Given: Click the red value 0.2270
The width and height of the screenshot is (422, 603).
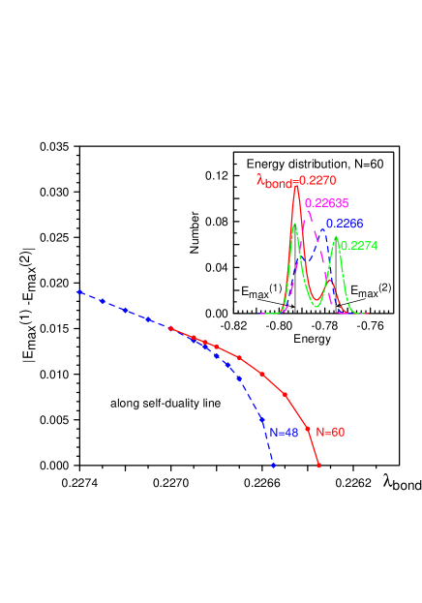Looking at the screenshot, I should (x=318, y=180).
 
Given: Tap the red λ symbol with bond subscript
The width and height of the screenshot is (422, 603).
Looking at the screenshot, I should (x=276, y=181).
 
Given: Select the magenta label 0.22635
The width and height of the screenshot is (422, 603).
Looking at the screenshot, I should (x=327, y=203).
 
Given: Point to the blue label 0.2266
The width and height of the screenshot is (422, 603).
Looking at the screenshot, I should (x=345, y=224).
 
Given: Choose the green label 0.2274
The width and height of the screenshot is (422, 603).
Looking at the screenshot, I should (x=358, y=246).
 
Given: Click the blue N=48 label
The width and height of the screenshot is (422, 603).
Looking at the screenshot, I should (x=284, y=433).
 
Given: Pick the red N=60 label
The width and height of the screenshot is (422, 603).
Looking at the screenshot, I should (x=330, y=432).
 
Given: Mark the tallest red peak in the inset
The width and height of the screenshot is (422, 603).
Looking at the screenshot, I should (x=296, y=187).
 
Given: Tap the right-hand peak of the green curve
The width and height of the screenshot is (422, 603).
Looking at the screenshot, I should (x=336, y=237).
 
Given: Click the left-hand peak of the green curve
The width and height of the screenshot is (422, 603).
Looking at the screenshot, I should (x=295, y=225).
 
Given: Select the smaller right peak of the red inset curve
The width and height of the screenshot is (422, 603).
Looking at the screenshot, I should (x=329, y=282).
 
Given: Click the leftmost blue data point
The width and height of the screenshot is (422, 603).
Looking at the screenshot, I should (x=79, y=291).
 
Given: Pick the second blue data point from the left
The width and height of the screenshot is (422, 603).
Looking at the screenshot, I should (x=103, y=301).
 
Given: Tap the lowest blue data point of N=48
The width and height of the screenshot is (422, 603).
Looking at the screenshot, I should (x=274, y=466).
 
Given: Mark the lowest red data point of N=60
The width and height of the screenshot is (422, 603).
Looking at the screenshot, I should (x=318, y=466).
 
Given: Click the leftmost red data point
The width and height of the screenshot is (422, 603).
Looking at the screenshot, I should (x=171, y=328).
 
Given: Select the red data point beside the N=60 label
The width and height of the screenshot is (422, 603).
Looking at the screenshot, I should (x=308, y=428).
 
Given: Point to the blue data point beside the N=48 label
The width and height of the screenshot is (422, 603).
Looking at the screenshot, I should (x=263, y=419).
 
